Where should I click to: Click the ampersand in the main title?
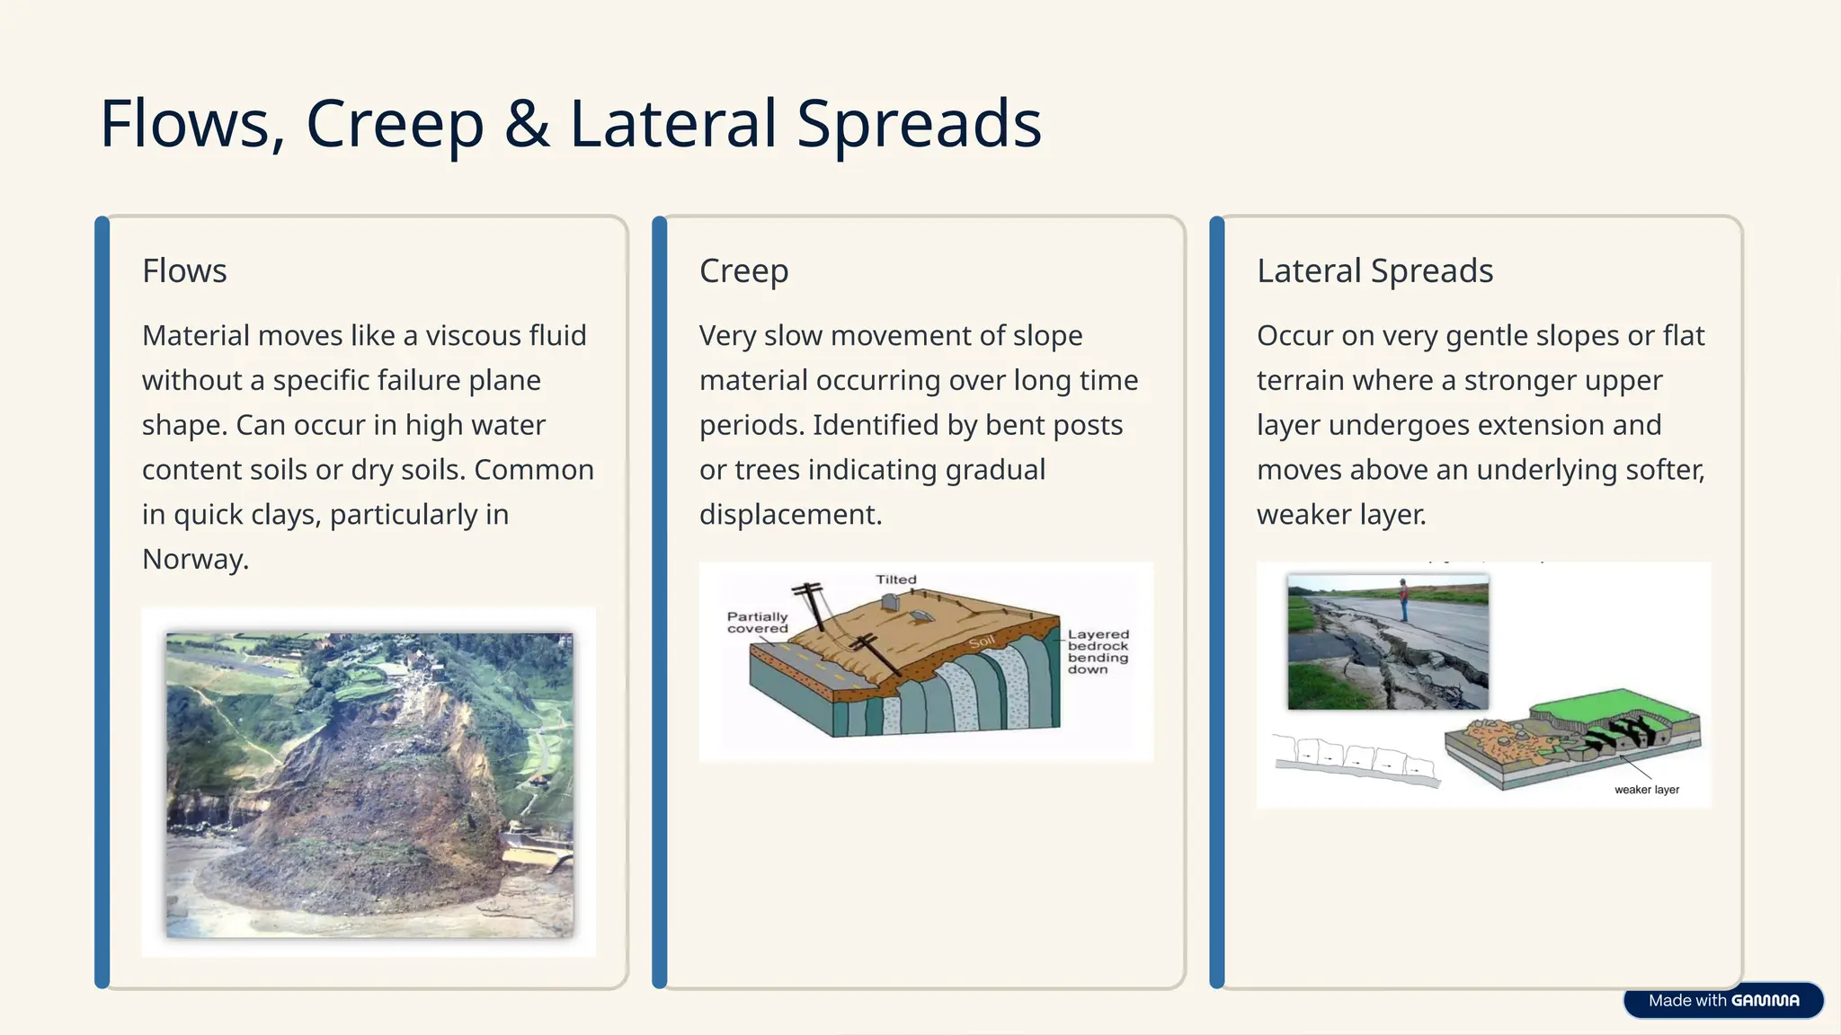(x=526, y=124)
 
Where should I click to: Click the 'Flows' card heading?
(x=184, y=270)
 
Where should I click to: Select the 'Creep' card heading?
(x=743, y=270)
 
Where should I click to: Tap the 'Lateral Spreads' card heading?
(x=1374, y=270)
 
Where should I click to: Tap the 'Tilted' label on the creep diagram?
(x=896, y=579)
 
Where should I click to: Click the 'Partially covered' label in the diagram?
(x=757, y=622)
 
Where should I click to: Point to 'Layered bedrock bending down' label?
(x=1098, y=651)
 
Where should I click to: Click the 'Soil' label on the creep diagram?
(x=982, y=641)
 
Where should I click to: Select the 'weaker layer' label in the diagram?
(x=1646, y=790)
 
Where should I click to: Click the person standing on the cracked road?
(x=1403, y=600)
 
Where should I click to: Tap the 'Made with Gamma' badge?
(x=1722, y=1000)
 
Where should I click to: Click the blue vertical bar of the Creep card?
(x=660, y=602)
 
